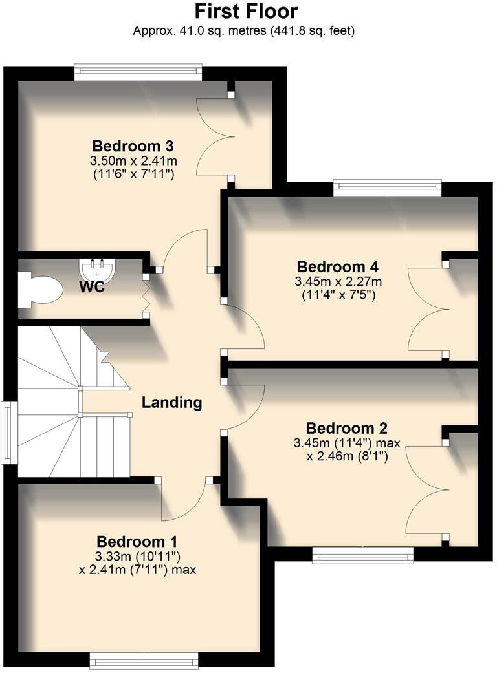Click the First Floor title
click(x=246, y=12)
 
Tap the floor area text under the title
click(x=243, y=30)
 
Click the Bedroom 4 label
click(x=337, y=266)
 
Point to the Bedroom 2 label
click(x=346, y=428)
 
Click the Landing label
click(x=171, y=403)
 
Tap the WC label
click(x=92, y=288)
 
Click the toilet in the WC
click(x=39, y=290)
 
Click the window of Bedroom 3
click(x=138, y=72)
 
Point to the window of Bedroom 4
click(x=387, y=187)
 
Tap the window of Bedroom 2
click(x=362, y=555)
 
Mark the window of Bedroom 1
click(x=144, y=660)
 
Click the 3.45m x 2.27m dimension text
click(x=338, y=282)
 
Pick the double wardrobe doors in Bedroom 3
click(x=214, y=136)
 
